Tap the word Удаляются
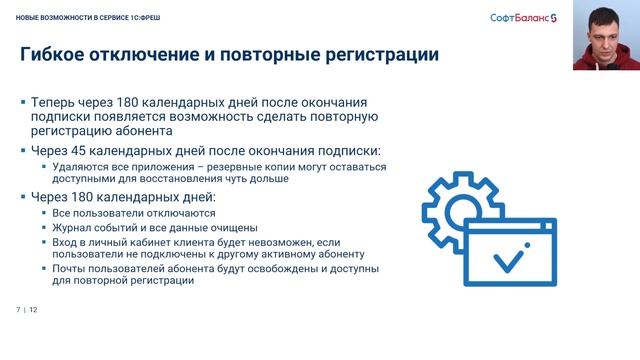[77, 167]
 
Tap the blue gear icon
[455, 209]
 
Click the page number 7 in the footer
[18, 309]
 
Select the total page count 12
[33, 309]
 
